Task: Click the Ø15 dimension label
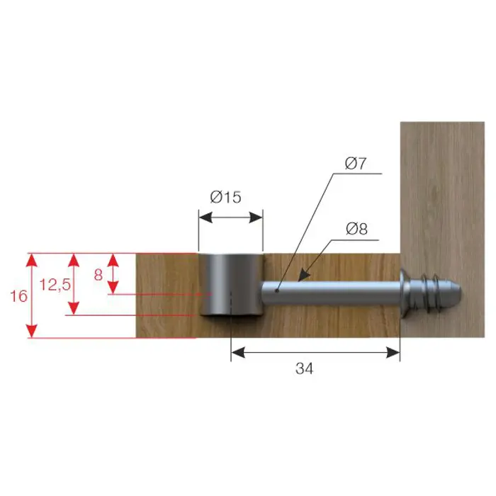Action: coord(225,197)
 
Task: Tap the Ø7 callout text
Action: coord(356,163)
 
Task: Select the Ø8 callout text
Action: coord(357,229)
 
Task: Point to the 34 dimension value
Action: coord(304,368)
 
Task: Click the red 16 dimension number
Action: coord(19,296)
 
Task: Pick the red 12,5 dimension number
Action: coord(55,285)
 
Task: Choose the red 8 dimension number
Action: coord(98,275)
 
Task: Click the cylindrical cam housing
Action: coord(231,284)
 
